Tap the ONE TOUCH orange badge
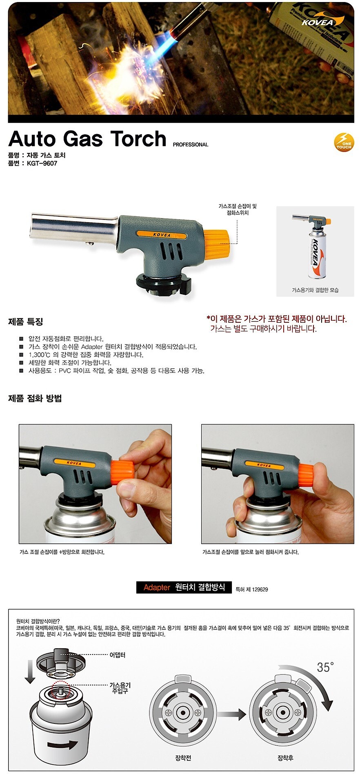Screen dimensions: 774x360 (344, 143)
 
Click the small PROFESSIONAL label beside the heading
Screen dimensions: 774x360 (190, 144)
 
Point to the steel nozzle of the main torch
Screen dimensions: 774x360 (73, 226)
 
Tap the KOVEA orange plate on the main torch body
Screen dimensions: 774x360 (162, 235)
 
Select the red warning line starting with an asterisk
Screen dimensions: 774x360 (276, 319)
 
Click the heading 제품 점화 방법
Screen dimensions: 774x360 (35, 398)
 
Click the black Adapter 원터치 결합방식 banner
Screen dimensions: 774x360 (184, 587)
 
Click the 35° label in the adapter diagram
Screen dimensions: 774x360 (325, 668)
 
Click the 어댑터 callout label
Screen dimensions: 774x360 (118, 655)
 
